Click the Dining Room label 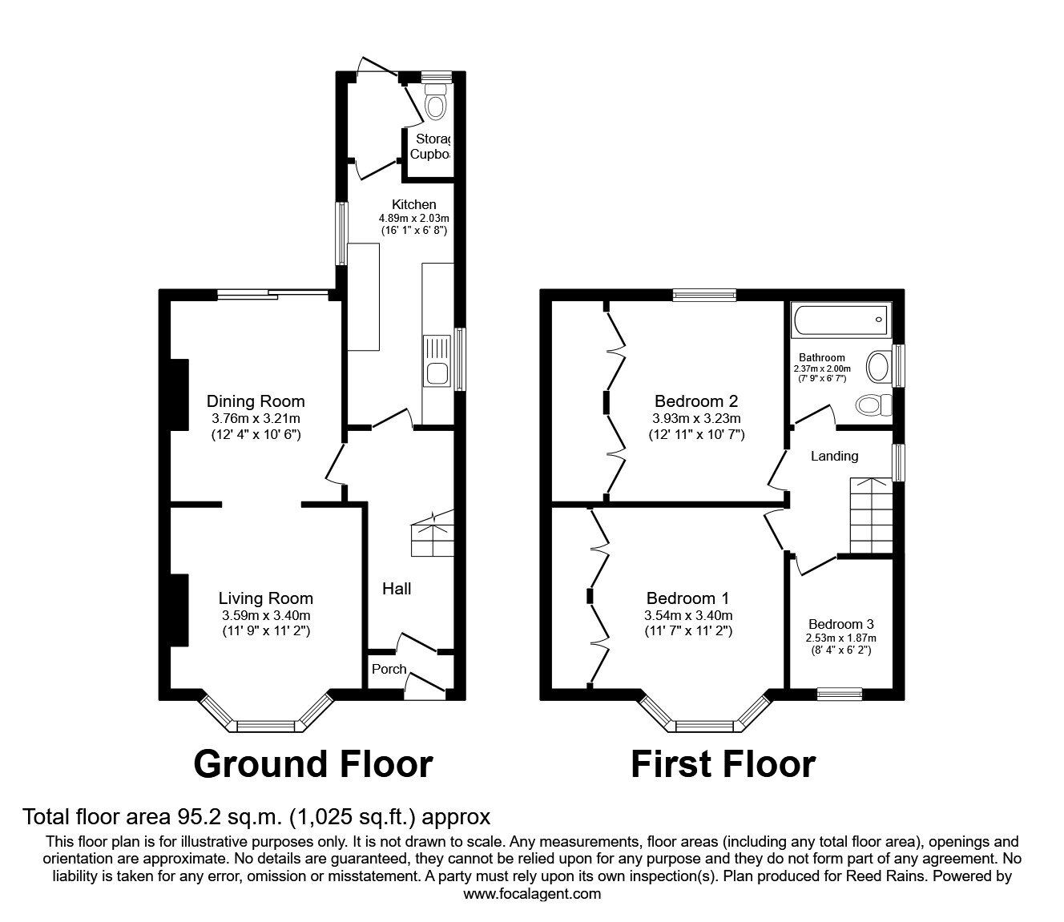coord(256,401)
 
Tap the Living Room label coord(266,598)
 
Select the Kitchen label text coord(413,204)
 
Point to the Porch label coord(389,669)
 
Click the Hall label coord(397,589)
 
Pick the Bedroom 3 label coord(840,624)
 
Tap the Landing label coord(834,456)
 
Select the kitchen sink coord(437,373)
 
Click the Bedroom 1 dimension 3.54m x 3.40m coord(688,615)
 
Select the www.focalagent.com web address coord(532,893)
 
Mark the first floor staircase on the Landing coord(870,516)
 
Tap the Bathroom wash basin coord(878,368)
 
